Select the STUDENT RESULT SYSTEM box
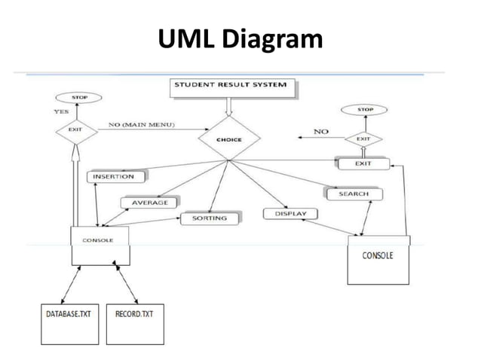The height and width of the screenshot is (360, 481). pos(230,86)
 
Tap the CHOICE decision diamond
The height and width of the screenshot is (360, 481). pos(230,139)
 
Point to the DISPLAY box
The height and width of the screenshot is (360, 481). pos(290,214)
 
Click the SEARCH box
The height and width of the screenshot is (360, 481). pos(353,194)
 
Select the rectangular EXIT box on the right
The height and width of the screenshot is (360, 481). pos(363,163)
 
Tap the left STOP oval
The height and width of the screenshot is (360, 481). pos(78,98)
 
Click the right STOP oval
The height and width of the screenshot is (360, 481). pos(365,110)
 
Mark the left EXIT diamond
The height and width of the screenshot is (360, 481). pos(78,130)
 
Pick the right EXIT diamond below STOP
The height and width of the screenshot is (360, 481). pos(363,139)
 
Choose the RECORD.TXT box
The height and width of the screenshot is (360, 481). pos(134,322)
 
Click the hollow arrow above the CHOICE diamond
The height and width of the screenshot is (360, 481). pos(230,109)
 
